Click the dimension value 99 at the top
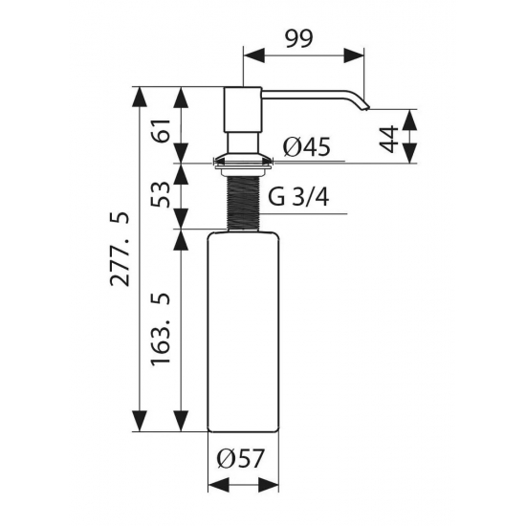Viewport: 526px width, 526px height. pyautogui.click(x=299, y=38)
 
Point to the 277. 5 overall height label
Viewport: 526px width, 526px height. pyautogui.click(x=120, y=249)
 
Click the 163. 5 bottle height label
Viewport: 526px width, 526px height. pyautogui.click(x=161, y=330)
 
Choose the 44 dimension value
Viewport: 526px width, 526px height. pyautogui.click(x=388, y=139)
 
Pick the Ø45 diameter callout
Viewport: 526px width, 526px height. pyautogui.click(x=306, y=147)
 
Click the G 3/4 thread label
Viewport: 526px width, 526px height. pyautogui.click(x=298, y=197)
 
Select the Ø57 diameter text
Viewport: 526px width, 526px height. pyautogui.click(x=240, y=458)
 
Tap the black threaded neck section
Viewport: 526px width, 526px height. pyautogui.click(x=243, y=203)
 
